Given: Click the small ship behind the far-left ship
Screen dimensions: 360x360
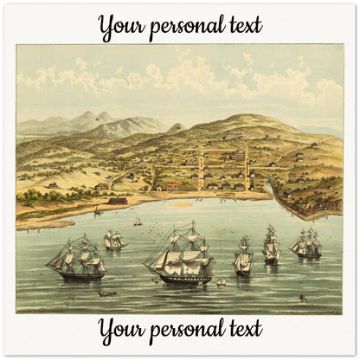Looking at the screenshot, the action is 113,240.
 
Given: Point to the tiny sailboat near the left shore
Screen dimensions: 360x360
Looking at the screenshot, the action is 137,222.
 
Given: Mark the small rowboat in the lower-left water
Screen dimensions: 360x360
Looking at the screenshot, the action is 107,293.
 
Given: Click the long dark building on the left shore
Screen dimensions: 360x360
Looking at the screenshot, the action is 117,201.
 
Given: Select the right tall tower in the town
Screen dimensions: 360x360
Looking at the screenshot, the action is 246,166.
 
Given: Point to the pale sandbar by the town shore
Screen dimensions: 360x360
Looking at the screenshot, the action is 181,205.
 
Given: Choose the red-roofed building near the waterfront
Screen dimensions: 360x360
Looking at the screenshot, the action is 172,187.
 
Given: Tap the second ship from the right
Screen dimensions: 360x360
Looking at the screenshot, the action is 271,245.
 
